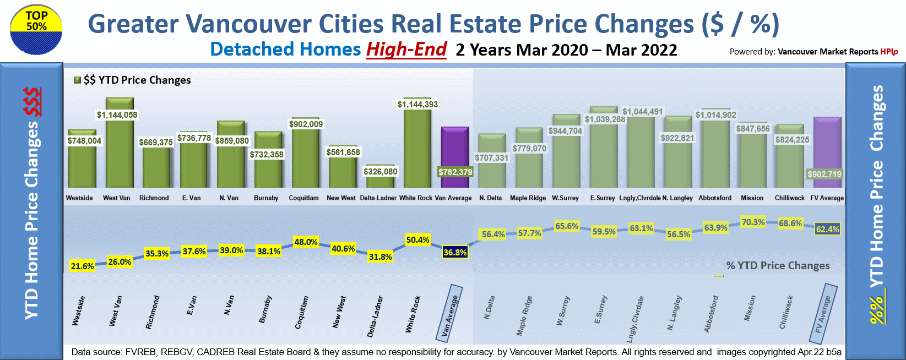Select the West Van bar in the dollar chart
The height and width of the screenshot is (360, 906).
tap(120, 149)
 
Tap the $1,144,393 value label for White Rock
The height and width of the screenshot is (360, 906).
tap(417, 105)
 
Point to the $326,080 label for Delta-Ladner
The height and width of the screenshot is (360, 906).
tap(380, 172)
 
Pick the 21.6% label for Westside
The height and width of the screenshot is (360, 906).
tap(83, 266)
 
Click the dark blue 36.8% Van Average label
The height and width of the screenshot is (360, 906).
tap(455, 253)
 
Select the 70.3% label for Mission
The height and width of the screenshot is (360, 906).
tap(753, 222)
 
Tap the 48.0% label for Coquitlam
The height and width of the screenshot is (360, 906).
tap(306, 242)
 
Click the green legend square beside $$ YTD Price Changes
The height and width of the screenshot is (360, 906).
tap(78, 80)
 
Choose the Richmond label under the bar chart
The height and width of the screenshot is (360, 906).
tap(154, 198)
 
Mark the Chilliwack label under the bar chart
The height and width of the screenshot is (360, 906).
tap(789, 198)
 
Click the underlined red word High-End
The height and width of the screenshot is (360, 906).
tap(406, 50)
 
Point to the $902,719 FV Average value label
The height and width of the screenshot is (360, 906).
tap(824, 174)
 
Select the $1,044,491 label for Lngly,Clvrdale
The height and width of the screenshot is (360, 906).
tap(643, 112)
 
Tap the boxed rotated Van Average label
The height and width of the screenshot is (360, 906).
tap(451, 311)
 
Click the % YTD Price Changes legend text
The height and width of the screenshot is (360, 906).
tap(778, 266)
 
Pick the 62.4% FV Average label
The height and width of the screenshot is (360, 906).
tap(828, 230)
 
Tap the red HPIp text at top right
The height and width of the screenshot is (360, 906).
tap(889, 52)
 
